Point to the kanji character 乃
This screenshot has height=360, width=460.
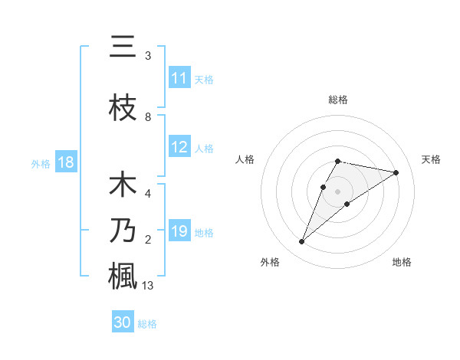click(123, 231)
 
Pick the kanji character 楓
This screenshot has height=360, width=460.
click(123, 276)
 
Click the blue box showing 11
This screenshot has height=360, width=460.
click(179, 78)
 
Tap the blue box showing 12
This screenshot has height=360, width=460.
click(179, 147)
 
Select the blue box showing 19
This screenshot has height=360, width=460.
click(179, 231)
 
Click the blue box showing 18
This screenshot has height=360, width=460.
click(65, 162)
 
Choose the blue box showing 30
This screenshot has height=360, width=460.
click(123, 322)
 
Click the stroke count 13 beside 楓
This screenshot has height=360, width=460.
click(149, 286)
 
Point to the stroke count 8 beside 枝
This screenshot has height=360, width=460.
click(148, 117)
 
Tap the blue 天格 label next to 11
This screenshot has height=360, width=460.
click(204, 79)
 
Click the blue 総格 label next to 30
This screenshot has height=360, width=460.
click(147, 324)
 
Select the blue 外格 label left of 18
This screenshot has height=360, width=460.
click(40, 163)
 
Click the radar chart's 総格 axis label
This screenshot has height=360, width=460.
click(337, 100)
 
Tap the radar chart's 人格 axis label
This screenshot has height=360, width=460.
click(245, 159)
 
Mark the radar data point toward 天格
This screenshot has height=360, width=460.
click(396, 172)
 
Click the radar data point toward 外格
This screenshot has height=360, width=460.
click(302, 242)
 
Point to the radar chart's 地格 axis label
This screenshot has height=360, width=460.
click(402, 262)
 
